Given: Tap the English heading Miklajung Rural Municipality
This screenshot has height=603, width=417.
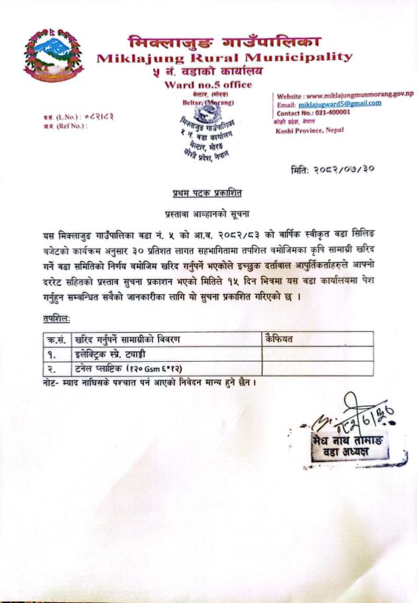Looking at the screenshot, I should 224,58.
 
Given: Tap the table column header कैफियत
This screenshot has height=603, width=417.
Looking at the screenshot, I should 279,339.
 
